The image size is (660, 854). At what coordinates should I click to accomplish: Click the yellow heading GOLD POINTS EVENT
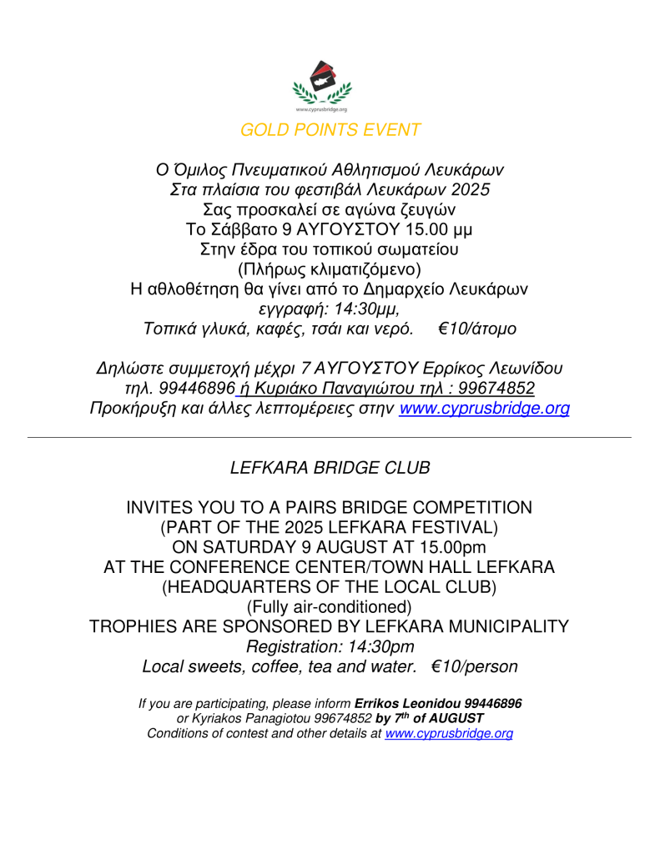click(330, 129)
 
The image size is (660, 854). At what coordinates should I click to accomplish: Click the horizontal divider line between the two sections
click(330, 436)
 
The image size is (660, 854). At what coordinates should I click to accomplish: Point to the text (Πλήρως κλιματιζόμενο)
click(330, 269)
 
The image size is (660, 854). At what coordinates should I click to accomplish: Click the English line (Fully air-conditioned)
click(330, 605)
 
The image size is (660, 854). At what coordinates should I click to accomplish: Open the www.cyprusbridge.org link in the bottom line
click(448, 733)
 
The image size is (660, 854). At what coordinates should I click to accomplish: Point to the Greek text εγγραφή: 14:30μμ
click(330, 309)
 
